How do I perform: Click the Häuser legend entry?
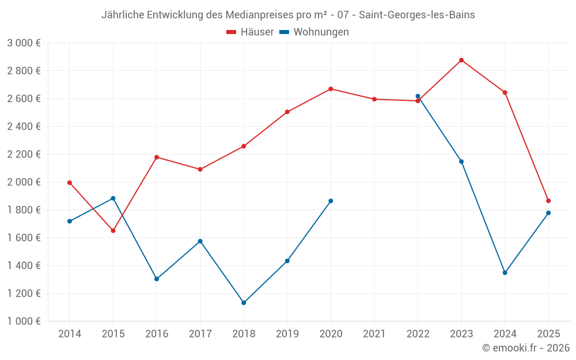tap(250, 32)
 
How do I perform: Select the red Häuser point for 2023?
tap(461, 60)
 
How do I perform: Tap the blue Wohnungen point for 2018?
tap(244, 302)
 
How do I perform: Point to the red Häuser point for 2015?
tap(113, 230)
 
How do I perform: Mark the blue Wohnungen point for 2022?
tap(418, 96)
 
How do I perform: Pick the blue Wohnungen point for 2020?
tap(331, 201)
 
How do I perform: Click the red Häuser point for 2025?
tap(548, 201)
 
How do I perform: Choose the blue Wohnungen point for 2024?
tap(505, 272)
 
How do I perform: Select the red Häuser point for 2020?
tap(331, 89)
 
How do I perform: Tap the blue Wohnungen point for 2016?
tap(157, 279)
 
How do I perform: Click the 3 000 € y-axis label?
tap(24, 43)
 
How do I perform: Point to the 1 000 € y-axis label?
tap(24, 321)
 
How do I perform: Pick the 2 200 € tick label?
tap(24, 154)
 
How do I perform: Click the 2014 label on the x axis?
tap(70, 334)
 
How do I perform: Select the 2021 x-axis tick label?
tap(374, 334)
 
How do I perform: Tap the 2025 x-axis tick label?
tap(548, 334)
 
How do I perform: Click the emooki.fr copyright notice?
tap(526, 348)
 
